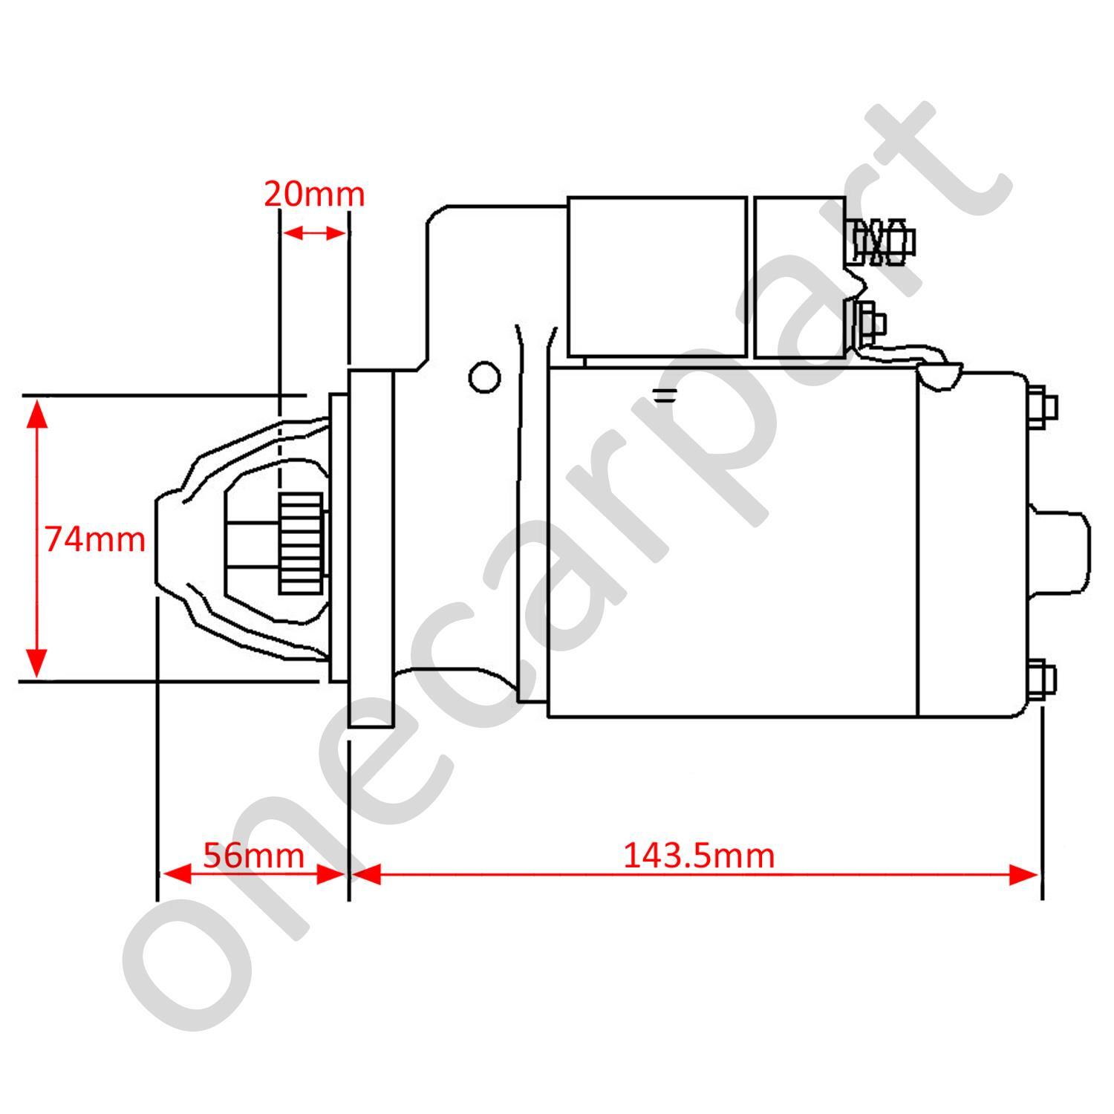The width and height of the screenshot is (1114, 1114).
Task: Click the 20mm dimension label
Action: point(314,195)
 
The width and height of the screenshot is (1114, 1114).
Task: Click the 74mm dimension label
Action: point(95,539)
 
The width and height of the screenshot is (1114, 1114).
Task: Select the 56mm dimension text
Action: point(253,856)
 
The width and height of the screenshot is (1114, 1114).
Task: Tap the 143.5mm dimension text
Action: point(698,856)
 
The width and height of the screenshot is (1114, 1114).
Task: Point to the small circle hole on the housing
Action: point(484,377)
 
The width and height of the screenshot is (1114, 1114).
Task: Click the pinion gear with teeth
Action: point(301,544)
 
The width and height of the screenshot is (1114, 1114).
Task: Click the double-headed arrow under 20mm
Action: point(314,232)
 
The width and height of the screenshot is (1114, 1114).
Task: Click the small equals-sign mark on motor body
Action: point(665,395)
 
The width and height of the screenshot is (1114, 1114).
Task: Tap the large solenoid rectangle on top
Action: point(657,276)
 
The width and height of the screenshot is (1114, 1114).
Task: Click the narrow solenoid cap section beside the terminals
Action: point(799,276)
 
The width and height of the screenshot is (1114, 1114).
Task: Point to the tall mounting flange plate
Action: point(371,550)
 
